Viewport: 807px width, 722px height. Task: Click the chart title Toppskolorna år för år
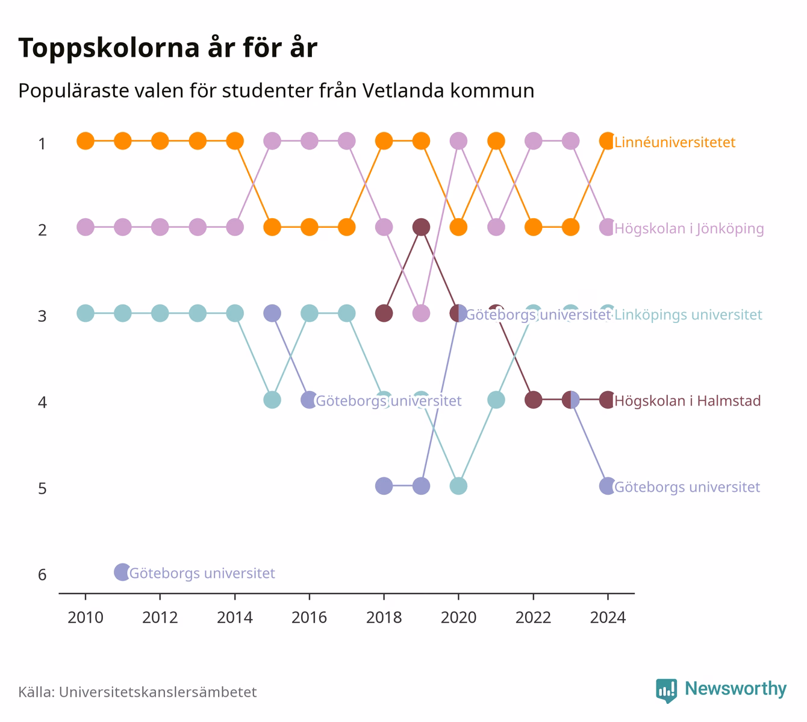(167, 48)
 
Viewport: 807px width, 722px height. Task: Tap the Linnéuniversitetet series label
(675, 142)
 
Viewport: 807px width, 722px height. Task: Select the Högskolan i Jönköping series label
(689, 228)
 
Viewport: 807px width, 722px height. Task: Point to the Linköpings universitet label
(688, 315)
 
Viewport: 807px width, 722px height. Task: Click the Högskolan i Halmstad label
(688, 401)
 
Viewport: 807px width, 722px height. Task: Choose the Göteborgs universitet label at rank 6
(202, 573)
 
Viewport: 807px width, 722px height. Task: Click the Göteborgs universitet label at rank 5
(687, 487)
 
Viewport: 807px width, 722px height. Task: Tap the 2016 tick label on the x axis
(309, 618)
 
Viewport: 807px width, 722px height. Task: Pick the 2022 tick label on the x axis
(533, 618)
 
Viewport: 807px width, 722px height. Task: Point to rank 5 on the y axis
(42, 488)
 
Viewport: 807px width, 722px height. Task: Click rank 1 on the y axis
(42, 143)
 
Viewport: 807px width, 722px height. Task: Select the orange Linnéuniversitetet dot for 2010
(86, 141)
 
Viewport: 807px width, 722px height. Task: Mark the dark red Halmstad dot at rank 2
(421, 227)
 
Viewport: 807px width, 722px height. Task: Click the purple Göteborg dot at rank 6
(122, 572)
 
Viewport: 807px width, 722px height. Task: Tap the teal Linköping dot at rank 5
(458, 486)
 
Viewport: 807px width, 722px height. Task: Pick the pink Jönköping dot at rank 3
(421, 313)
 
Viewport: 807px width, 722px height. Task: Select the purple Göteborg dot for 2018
(384, 486)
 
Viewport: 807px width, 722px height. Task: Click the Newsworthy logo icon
(667, 691)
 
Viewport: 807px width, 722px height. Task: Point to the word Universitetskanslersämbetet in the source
(158, 692)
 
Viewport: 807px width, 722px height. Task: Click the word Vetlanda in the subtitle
(403, 90)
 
